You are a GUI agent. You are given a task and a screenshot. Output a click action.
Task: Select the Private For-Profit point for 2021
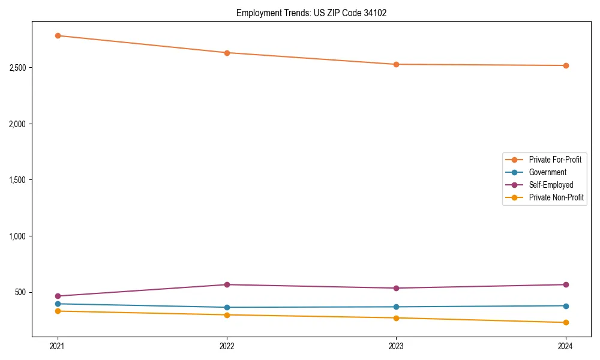58,35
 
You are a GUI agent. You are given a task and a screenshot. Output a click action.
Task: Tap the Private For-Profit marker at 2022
227,53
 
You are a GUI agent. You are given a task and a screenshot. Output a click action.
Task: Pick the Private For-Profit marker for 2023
396,64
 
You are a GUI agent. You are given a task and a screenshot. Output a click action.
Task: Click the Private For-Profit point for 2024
565,65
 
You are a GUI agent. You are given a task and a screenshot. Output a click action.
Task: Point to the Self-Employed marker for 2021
58,296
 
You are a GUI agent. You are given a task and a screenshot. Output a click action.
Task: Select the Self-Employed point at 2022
227,284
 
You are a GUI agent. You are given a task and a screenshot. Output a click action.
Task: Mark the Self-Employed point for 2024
565,284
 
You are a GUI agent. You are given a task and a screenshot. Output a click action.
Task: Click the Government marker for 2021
58,304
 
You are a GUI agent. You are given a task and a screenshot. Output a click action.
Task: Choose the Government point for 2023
396,307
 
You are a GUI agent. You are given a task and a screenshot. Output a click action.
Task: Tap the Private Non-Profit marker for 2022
227,314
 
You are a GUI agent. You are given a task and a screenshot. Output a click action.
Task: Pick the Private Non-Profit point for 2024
565,322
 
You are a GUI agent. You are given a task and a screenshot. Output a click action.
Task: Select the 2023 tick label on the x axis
396,346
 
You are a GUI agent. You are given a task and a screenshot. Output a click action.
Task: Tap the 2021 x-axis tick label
58,346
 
